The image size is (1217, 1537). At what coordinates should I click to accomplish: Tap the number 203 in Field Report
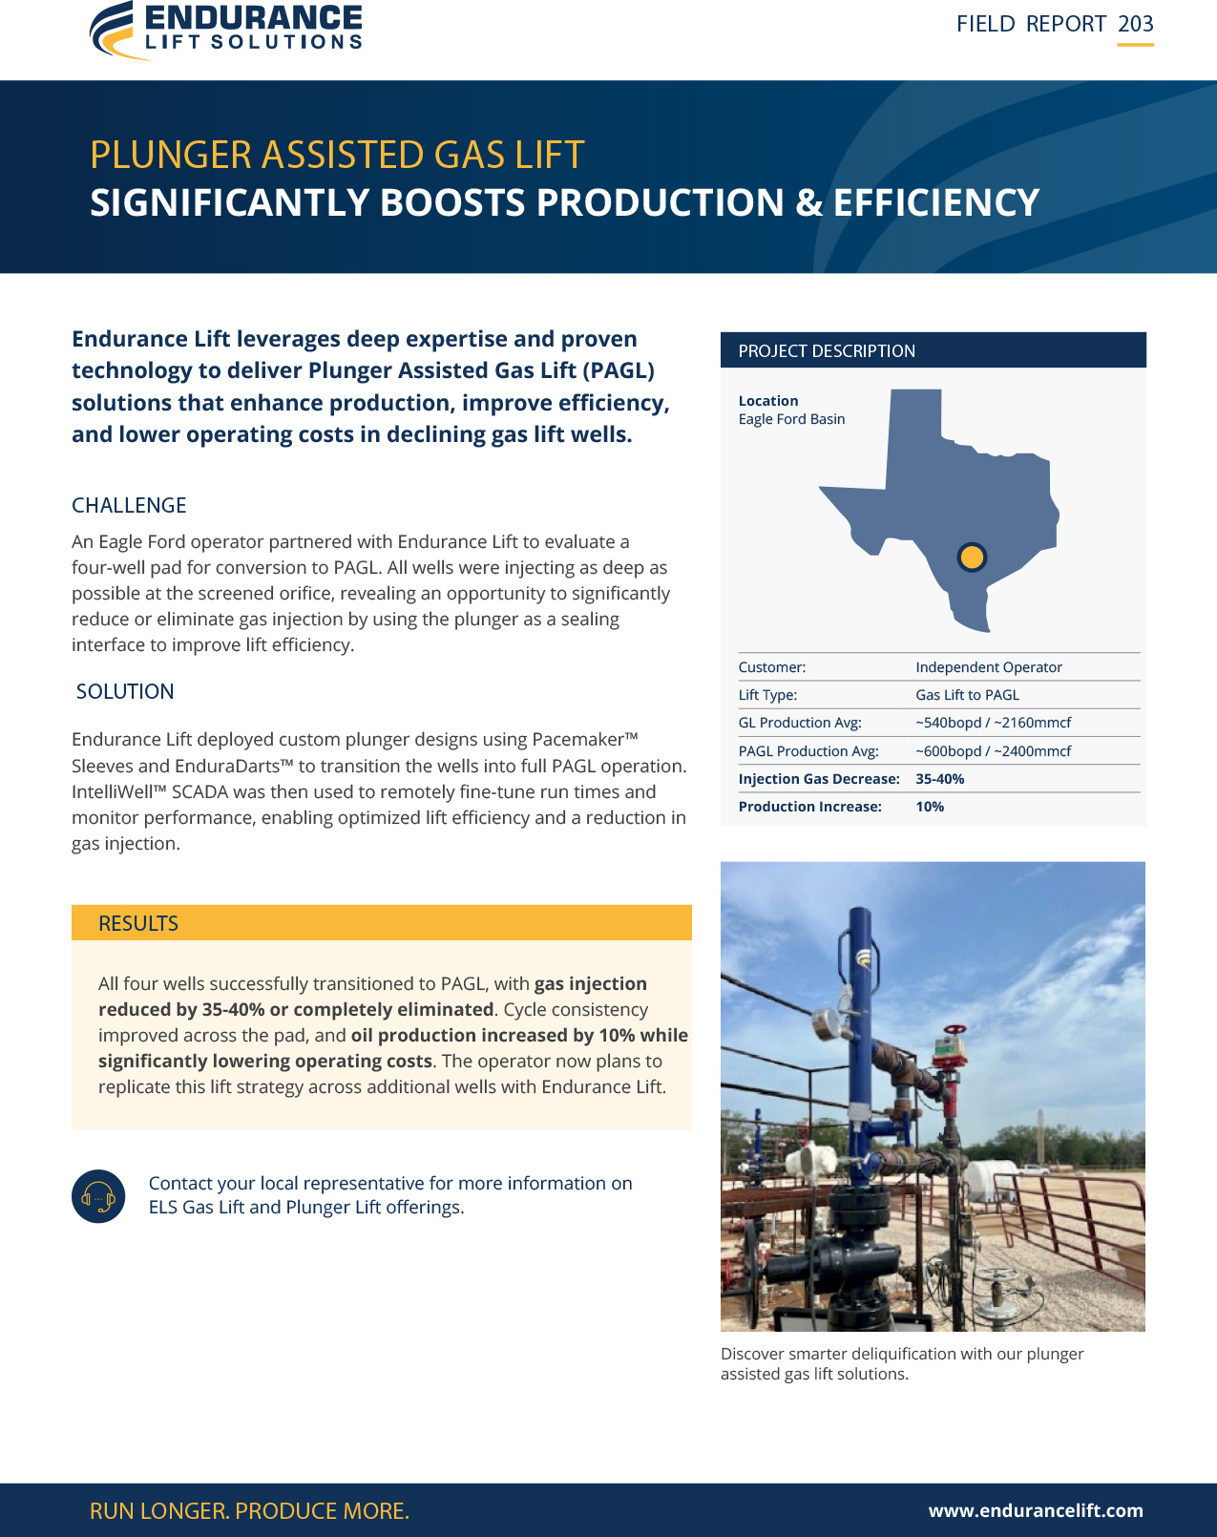click(x=1136, y=24)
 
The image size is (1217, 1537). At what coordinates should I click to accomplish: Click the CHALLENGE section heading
click(x=129, y=505)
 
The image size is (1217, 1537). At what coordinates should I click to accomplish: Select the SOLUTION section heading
click(x=125, y=691)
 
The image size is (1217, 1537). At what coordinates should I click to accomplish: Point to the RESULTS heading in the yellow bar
click(x=137, y=923)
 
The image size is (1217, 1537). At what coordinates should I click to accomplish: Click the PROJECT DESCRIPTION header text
click(x=827, y=350)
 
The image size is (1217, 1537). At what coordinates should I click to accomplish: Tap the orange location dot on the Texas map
click(x=972, y=558)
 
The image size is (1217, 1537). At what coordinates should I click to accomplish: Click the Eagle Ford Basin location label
click(x=791, y=419)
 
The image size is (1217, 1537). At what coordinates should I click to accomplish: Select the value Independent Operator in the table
click(x=989, y=667)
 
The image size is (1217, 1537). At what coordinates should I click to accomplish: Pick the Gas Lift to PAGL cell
click(x=967, y=695)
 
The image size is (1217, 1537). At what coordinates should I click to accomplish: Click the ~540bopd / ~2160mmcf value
click(x=993, y=723)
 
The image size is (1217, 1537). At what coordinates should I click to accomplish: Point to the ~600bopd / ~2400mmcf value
click(x=993, y=751)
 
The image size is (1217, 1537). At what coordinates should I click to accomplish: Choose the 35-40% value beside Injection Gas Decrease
click(x=940, y=779)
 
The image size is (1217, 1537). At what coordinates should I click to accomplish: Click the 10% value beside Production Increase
click(x=930, y=807)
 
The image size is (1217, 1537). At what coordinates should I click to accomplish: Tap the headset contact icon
click(x=98, y=1195)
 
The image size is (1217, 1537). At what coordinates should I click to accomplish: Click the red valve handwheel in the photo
click(x=955, y=1030)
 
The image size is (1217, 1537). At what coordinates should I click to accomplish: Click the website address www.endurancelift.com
click(x=1036, y=1510)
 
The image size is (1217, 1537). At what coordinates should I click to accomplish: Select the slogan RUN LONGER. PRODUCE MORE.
click(x=249, y=1510)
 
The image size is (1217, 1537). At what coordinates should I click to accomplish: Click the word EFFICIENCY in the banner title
click(x=936, y=202)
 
